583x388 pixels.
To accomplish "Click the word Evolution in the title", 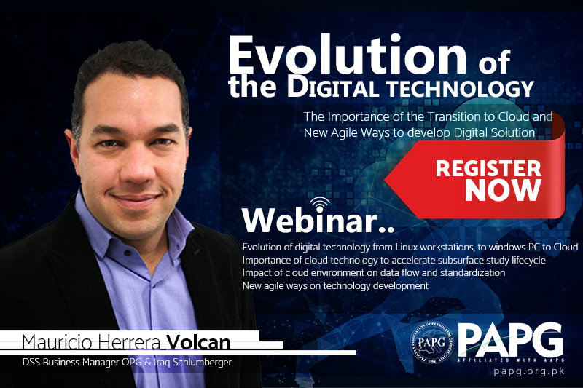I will [x=348, y=56].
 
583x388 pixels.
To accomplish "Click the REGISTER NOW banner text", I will [x=488, y=178].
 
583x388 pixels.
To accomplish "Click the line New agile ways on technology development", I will [x=334, y=286].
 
